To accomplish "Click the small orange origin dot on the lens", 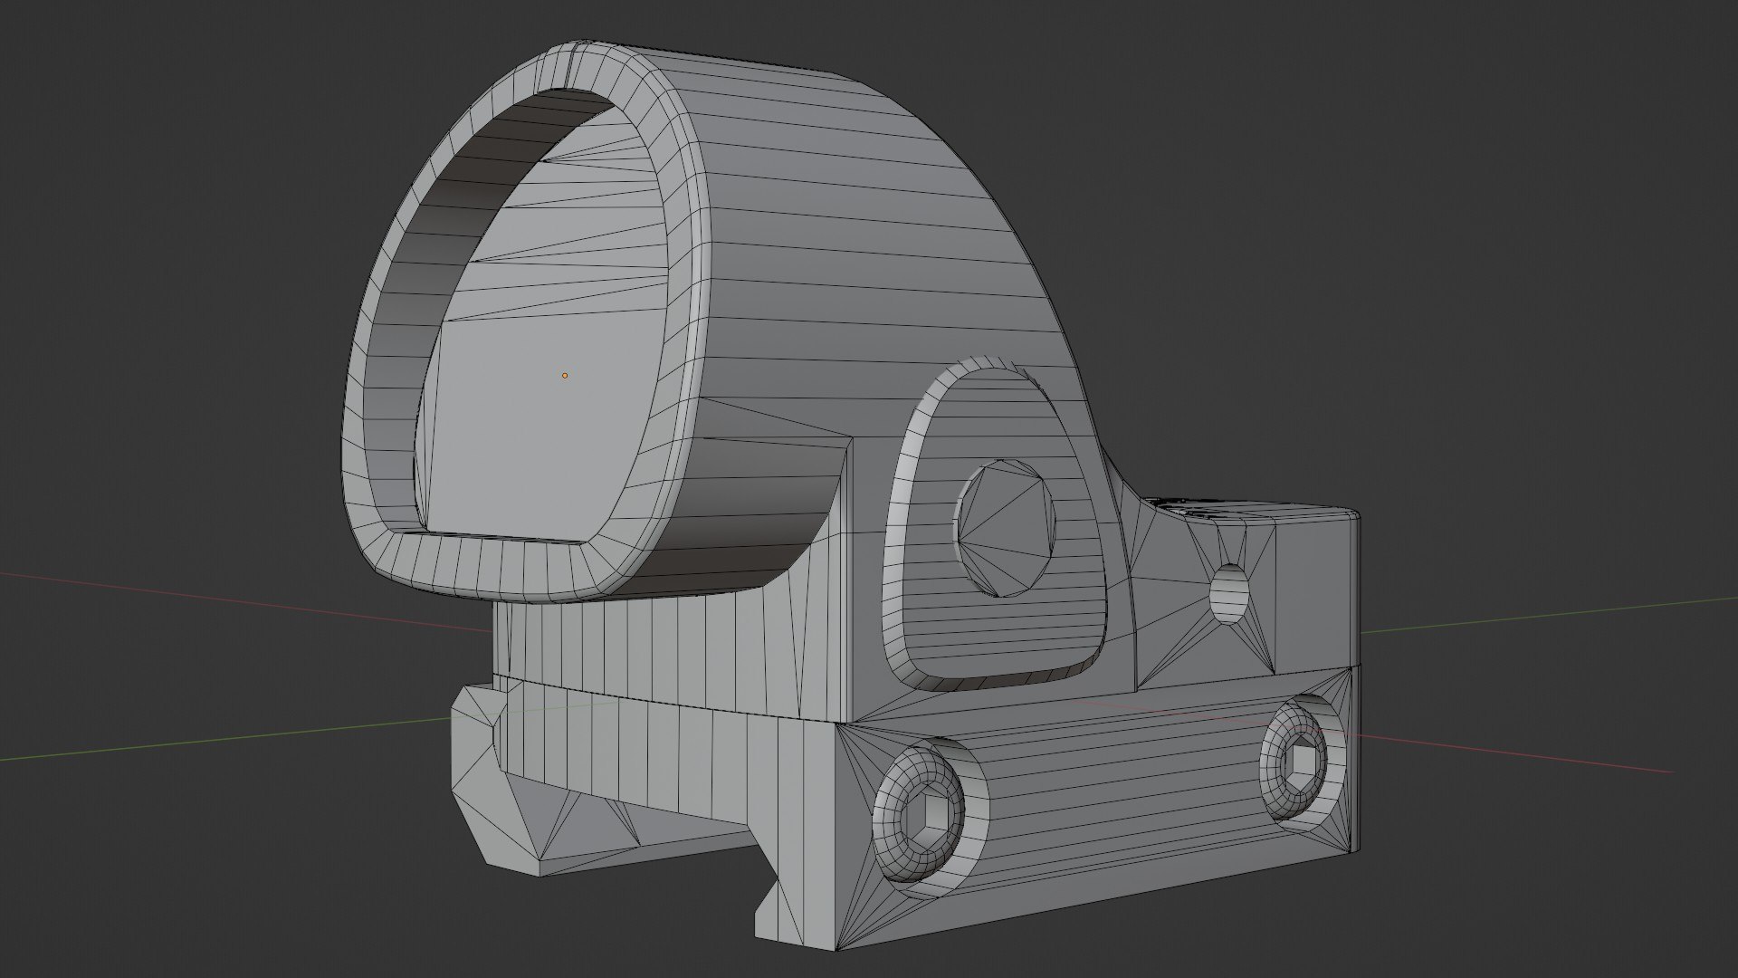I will coord(565,375).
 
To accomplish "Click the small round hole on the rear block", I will coord(1229,594).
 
